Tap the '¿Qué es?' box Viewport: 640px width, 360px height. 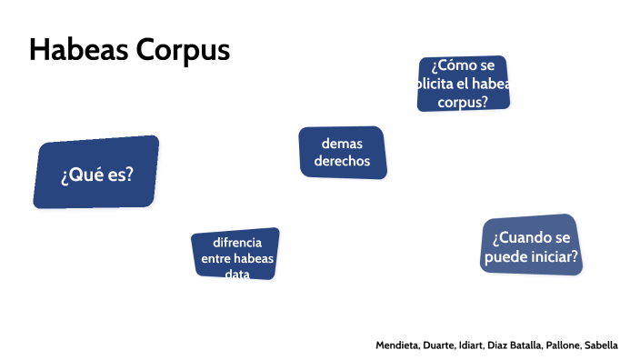96,173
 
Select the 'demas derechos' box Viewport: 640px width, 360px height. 342,153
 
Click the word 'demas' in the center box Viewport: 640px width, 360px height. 342,144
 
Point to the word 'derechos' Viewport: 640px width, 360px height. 342,161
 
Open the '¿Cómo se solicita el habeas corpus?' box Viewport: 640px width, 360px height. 462,84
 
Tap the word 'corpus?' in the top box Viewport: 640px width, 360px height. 462,102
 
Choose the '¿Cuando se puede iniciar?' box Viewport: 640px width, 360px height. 531,246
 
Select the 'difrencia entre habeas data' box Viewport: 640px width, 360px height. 236,255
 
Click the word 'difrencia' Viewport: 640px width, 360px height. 237,243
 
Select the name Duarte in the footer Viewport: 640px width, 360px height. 441,345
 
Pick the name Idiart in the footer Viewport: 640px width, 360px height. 474,345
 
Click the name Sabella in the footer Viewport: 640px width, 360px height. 602,345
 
